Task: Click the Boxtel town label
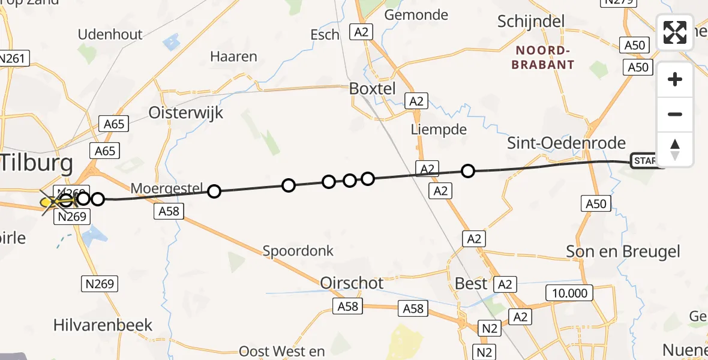click(x=373, y=89)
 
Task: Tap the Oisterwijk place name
click(x=185, y=113)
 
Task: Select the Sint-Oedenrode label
click(x=566, y=143)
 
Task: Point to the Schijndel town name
click(x=531, y=22)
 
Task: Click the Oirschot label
click(x=352, y=283)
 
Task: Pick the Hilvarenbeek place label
click(x=103, y=325)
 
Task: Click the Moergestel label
click(x=167, y=188)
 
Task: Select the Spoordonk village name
click(x=298, y=251)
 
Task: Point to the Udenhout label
click(x=110, y=34)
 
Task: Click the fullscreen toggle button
click(x=675, y=32)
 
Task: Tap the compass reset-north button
click(x=675, y=149)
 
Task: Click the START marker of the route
click(x=646, y=161)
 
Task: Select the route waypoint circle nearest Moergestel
click(x=214, y=191)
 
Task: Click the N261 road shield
click(x=13, y=58)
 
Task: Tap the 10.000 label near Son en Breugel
click(x=569, y=293)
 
